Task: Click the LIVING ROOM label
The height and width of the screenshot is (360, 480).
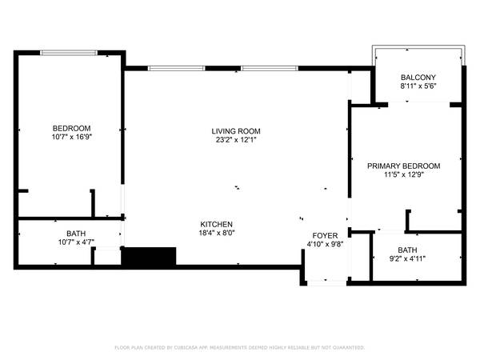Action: tap(236, 131)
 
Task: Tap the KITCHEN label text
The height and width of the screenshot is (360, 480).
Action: tap(217, 224)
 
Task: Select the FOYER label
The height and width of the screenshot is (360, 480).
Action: tap(325, 236)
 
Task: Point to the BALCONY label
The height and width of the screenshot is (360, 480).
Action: tap(418, 78)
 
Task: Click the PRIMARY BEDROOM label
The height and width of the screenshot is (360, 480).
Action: tap(404, 166)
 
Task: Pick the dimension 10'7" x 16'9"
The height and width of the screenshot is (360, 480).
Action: tap(72, 137)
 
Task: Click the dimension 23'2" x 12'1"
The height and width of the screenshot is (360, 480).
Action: tap(236, 140)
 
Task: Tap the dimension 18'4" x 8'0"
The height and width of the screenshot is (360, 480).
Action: tap(217, 233)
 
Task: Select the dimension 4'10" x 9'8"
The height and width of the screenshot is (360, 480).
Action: tap(325, 244)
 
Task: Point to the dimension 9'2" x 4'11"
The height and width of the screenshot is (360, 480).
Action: tap(407, 259)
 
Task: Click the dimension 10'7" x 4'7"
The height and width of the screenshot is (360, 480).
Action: tap(76, 242)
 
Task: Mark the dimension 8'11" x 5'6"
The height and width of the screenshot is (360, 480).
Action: tap(418, 86)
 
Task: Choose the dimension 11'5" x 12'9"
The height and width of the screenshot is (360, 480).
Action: tap(404, 174)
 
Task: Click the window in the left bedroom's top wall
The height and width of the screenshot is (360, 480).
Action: tap(69, 53)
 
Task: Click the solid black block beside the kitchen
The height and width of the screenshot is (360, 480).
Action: tap(149, 256)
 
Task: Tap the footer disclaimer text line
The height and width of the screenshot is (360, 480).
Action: tap(240, 347)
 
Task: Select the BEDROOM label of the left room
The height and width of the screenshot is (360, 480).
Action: tap(72, 128)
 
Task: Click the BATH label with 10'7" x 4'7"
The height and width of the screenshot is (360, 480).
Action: tap(76, 234)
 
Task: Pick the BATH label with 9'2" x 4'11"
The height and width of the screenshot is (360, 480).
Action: tap(407, 250)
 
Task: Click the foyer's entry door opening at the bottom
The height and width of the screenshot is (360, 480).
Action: tap(326, 283)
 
